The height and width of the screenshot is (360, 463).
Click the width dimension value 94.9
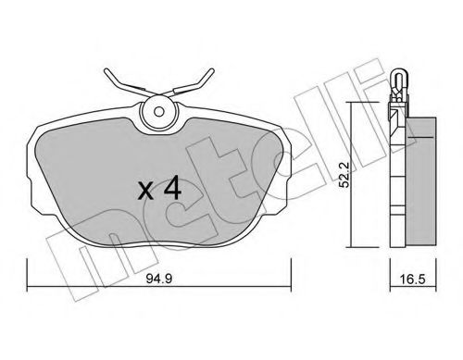coord(158,279)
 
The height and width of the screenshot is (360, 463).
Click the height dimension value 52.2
coord(344,175)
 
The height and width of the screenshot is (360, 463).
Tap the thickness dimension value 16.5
coord(413,279)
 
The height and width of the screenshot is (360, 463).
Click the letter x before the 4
coord(145,191)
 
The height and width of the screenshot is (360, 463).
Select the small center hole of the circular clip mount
coord(159,111)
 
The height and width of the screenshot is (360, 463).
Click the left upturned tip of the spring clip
coord(106,71)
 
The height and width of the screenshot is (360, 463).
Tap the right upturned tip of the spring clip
coord(212,70)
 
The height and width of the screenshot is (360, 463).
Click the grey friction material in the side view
coord(421,182)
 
